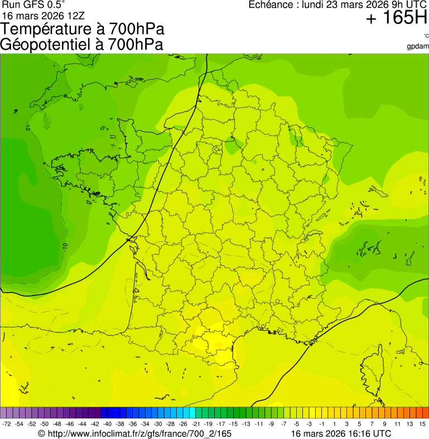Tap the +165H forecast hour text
pos(397,19)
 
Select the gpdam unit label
pos(418,46)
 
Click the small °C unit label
pos(425,36)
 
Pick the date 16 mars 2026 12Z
pos(44,16)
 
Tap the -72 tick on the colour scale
pos(7,424)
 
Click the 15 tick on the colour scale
pos(423,424)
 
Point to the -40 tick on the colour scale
pos(107,424)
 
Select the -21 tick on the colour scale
pos(195,424)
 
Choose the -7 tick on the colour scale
pos(283,424)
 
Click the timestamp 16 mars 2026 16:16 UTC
pos(341,433)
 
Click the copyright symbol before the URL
pos(41,433)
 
